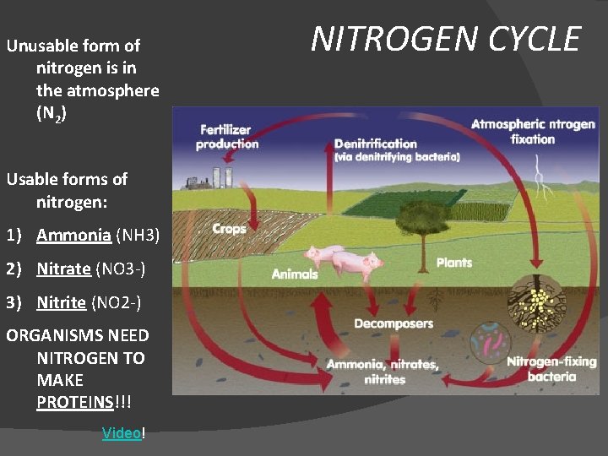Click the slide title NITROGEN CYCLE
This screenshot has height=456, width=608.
[446, 39]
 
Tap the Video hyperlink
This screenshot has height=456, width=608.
[122, 433]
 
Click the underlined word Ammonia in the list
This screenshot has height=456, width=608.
[73, 235]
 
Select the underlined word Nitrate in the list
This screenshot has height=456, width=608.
[63, 269]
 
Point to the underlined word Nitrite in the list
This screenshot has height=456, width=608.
[61, 301]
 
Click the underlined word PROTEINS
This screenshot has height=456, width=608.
[74, 402]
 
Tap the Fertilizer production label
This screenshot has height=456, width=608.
[227, 137]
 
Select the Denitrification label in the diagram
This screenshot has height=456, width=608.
[376, 144]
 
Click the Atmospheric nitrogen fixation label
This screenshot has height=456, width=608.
[533, 132]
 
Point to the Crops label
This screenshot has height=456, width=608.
[229, 229]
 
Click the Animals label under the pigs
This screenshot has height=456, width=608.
[295, 274]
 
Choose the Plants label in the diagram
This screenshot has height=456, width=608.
[454, 263]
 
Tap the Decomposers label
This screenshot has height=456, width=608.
[394, 323]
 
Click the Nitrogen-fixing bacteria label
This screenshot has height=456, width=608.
[551, 369]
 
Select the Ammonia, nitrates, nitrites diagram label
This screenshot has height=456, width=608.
[383, 372]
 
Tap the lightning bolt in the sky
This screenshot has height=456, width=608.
[542, 179]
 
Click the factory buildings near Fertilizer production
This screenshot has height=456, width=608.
[210, 179]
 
